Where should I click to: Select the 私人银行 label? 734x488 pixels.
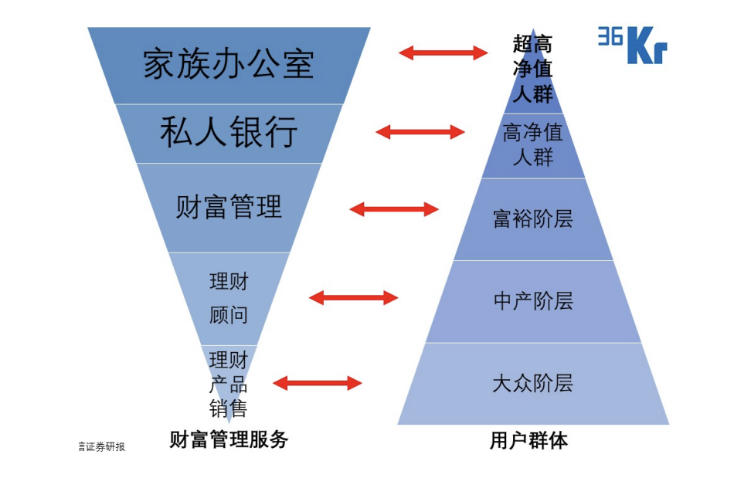[229, 133]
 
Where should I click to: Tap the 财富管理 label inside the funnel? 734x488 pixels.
[229, 207]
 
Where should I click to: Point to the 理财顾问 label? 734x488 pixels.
[229, 298]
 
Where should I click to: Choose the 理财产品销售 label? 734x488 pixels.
[229, 383]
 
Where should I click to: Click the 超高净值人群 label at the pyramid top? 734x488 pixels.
[533, 69]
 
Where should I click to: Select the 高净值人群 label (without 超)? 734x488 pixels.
[533, 144]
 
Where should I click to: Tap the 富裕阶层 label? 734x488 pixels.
[533, 219]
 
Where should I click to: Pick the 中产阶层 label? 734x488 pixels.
[533, 301]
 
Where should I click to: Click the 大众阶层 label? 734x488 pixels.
[533, 383]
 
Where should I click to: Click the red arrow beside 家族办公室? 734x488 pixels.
[443, 53]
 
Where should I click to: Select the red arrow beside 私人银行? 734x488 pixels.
[420, 132]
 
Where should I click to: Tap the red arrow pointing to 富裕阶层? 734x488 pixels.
[394, 209]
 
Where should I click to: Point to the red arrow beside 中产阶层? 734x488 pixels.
[353, 298]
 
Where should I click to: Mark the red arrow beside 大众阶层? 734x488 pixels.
[318, 383]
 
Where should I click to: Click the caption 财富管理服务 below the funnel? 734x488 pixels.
[229, 440]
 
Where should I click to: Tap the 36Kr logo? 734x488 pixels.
[632, 45]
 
